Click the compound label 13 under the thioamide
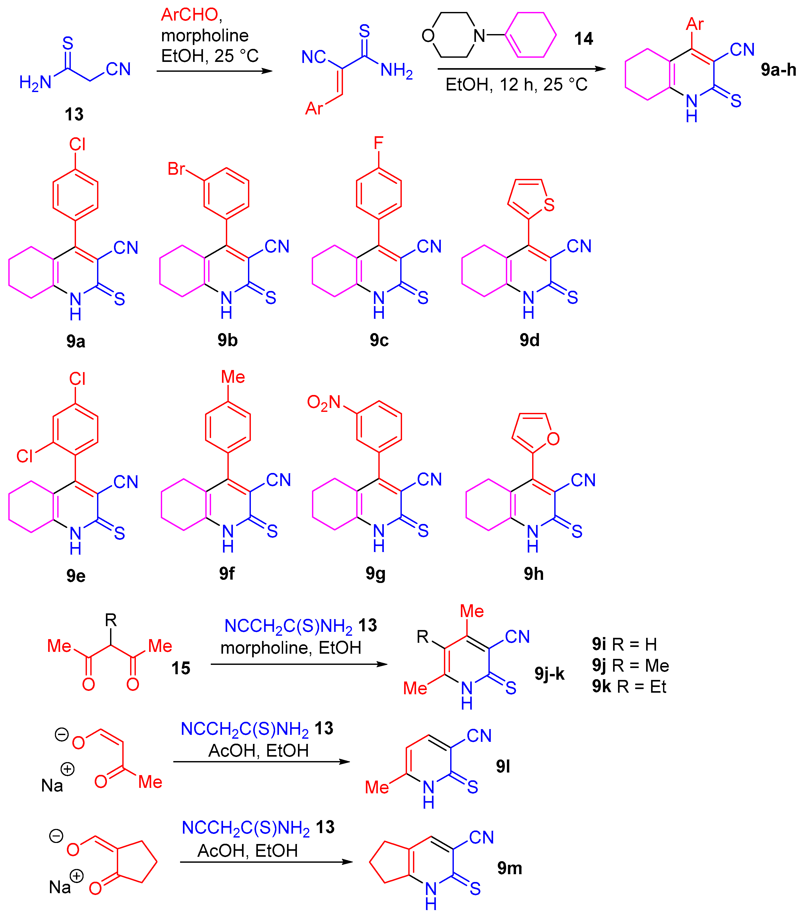point(74,114)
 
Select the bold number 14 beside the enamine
point(584,39)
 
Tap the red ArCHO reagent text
point(190,15)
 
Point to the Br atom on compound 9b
point(176,168)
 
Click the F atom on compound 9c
point(379,143)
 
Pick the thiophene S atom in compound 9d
point(549,205)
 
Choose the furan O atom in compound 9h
point(553,439)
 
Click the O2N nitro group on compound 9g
point(323,402)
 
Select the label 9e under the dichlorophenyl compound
point(76,576)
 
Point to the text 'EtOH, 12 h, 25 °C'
point(517,85)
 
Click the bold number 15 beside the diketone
point(181,668)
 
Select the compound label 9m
point(509,868)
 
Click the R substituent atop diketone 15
point(111,620)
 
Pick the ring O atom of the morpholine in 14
point(428,35)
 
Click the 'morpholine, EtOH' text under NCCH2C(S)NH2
point(291,647)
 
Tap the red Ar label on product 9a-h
point(695,24)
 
